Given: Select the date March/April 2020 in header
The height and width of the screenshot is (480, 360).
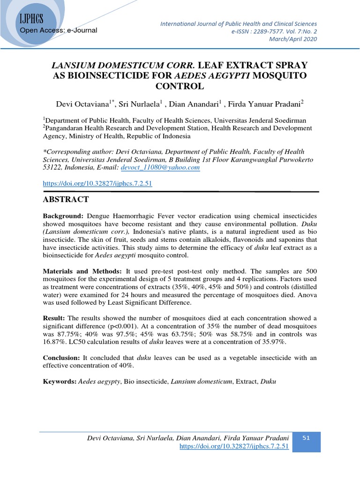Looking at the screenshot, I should click(x=293, y=39).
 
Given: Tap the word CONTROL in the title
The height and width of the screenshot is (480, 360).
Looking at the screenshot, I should click(x=180, y=86).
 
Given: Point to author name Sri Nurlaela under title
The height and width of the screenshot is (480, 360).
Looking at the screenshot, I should click(x=141, y=103).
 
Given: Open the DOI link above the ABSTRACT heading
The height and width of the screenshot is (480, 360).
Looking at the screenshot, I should click(x=97, y=184).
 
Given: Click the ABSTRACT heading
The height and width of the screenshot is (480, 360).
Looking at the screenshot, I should click(x=66, y=199).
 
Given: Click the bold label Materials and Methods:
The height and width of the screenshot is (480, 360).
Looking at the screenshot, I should click(x=82, y=272).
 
